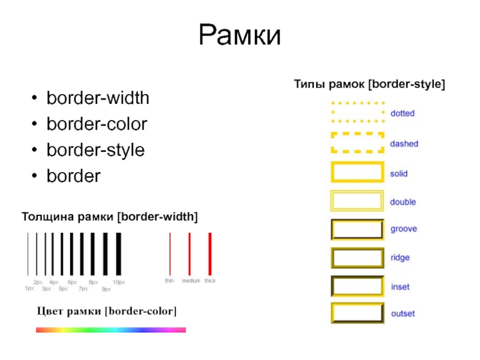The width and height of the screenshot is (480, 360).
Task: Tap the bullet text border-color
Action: click(x=97, y=124)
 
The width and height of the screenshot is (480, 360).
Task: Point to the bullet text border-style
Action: click(x=96, y=150)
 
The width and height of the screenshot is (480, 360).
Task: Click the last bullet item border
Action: click(x=74, y=176)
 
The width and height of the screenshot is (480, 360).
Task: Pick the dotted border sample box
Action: click(x=357, y=112)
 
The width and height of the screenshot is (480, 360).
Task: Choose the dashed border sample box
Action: click(x=357, y=143)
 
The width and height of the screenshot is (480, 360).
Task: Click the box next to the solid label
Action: click(x=357, y=173)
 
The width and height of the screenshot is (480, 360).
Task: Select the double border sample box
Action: click(x=357, y=201)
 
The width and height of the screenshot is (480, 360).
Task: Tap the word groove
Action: click(x=403, y=229)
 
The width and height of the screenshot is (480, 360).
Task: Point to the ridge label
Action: click(x=400, y=257)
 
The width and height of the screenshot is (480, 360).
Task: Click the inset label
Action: click(x=400, y=287)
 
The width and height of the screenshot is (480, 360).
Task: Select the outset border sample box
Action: click(x=357, y=313)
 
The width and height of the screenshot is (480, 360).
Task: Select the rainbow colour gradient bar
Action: click(x=111, y=329)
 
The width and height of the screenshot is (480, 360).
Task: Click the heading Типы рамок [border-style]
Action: click(x=368, y=84)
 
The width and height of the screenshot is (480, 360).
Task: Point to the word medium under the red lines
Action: click(x=191, y=281)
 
